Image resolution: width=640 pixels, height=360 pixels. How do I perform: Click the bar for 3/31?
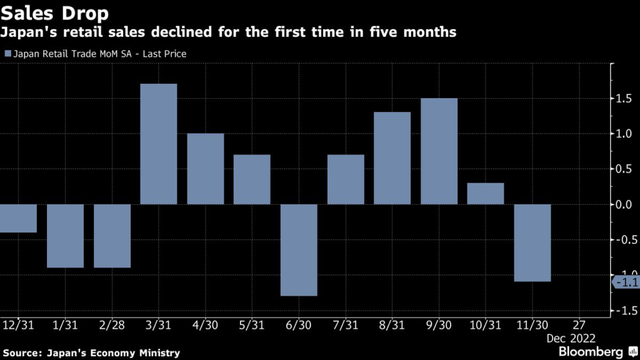tap(159, 144)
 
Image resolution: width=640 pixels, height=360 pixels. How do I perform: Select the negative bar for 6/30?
tap(299, 250)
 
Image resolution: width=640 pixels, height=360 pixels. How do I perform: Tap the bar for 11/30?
tap(532, 242)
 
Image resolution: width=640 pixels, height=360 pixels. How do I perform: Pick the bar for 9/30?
tap(439, 151)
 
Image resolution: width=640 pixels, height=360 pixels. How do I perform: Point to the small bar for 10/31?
tap(486, 194)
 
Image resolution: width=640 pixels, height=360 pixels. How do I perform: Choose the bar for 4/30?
tap(206, 169)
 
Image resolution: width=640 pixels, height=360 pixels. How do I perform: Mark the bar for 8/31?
tap(392, 158)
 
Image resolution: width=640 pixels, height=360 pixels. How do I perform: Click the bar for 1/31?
tap(65, 236)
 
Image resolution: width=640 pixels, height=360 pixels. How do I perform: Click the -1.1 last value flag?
tap(626, 282)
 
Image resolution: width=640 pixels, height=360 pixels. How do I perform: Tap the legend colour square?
tap(7, 54)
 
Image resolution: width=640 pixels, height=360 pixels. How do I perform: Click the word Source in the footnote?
tap(24, 353)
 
